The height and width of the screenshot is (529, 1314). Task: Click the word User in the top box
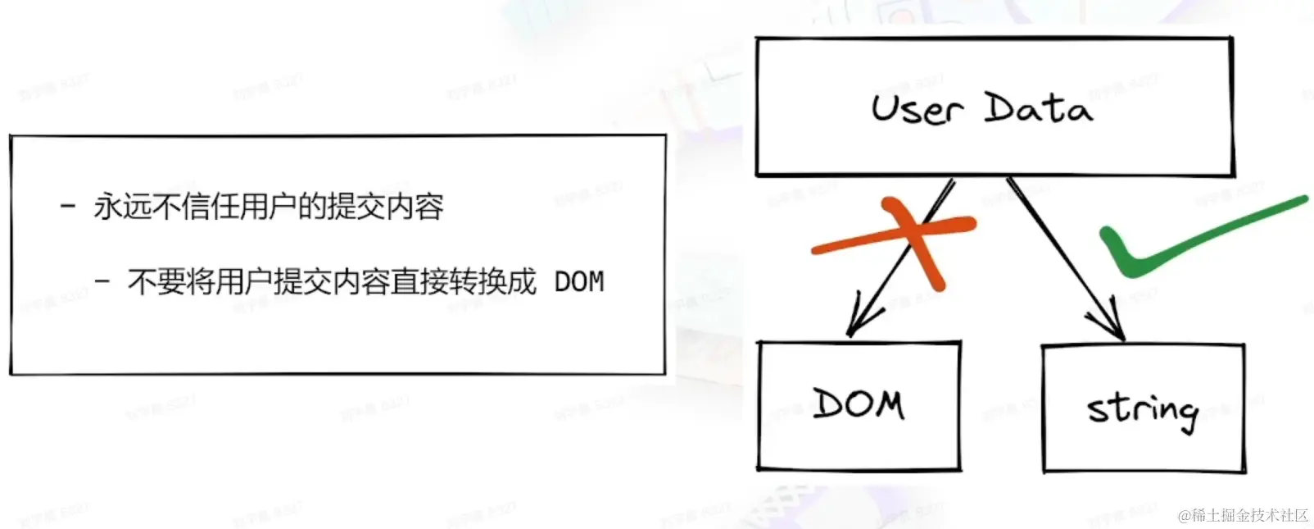(916, 109)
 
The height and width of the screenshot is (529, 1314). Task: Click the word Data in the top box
(1037, 107)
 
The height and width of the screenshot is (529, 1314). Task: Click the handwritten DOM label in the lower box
(859, 404)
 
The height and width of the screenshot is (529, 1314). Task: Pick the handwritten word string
(1142, 408)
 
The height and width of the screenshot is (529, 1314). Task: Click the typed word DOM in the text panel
(578, 282)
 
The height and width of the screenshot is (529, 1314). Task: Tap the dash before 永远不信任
(68, 206)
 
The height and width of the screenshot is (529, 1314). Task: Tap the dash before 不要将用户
(102, 282)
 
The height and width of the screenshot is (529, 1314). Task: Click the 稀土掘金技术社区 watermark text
(1250, 515)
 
